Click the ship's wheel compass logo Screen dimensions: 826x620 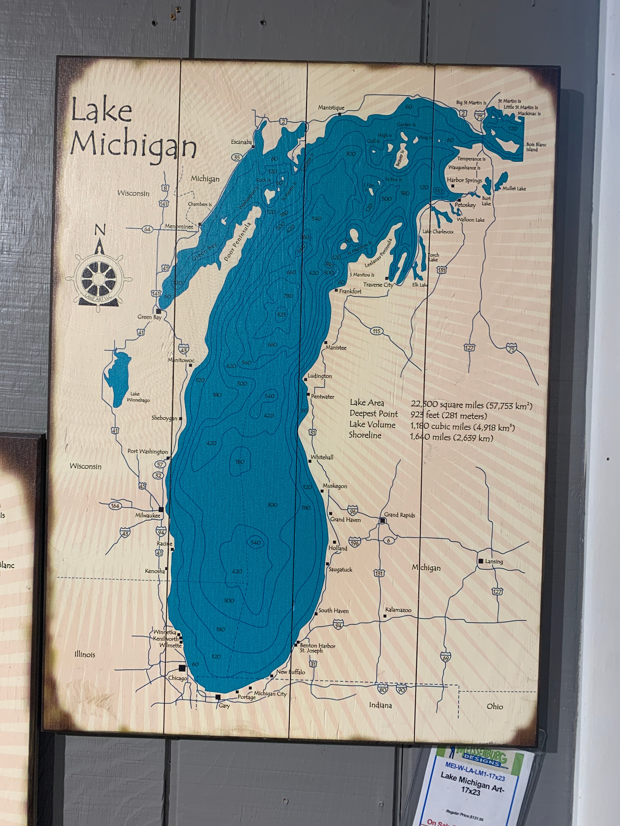coord(99,279)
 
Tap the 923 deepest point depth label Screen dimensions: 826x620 coord(281,314)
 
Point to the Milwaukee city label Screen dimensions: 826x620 coord(148,515)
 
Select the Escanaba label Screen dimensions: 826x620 coord(241,142)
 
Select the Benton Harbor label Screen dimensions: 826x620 coord(317,645)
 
